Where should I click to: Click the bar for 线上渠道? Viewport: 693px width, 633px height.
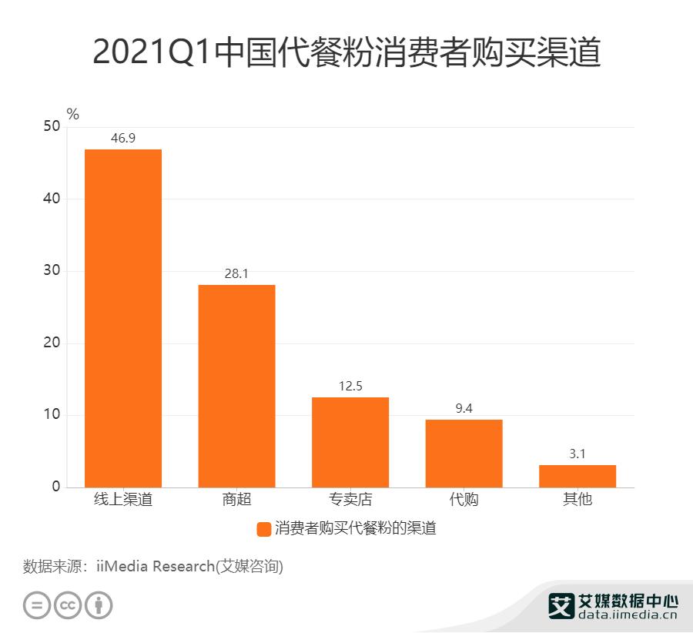tap(123, 317)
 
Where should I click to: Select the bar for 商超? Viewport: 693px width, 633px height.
tap(236, 385)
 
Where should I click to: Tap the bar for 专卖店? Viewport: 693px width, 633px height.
tap(350, 441)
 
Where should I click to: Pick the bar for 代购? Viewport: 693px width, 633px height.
tap(464, 453)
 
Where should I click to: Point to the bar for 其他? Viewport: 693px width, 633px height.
tap(577, 476)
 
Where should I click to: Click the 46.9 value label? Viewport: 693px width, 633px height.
tap(123, 139)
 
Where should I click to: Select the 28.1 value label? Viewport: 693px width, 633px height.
tap(236, 274)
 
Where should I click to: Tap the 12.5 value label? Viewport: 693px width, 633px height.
tap(350, 387)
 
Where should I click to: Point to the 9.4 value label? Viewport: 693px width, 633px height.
tap(464, 409)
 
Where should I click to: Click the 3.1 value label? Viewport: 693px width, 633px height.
tap(577, 454)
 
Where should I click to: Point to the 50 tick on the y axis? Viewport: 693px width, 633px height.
tap(52, 127)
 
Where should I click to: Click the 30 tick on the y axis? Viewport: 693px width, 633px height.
tap(52, 271)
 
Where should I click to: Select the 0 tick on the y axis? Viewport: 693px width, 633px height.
tap(56, 487)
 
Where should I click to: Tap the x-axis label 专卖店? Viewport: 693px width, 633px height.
tap(350, 500)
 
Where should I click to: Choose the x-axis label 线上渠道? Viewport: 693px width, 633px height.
tap(123, 500)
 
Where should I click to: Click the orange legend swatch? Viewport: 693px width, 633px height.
tap(263, 529)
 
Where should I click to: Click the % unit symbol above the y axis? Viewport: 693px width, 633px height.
tap(73, 115)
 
